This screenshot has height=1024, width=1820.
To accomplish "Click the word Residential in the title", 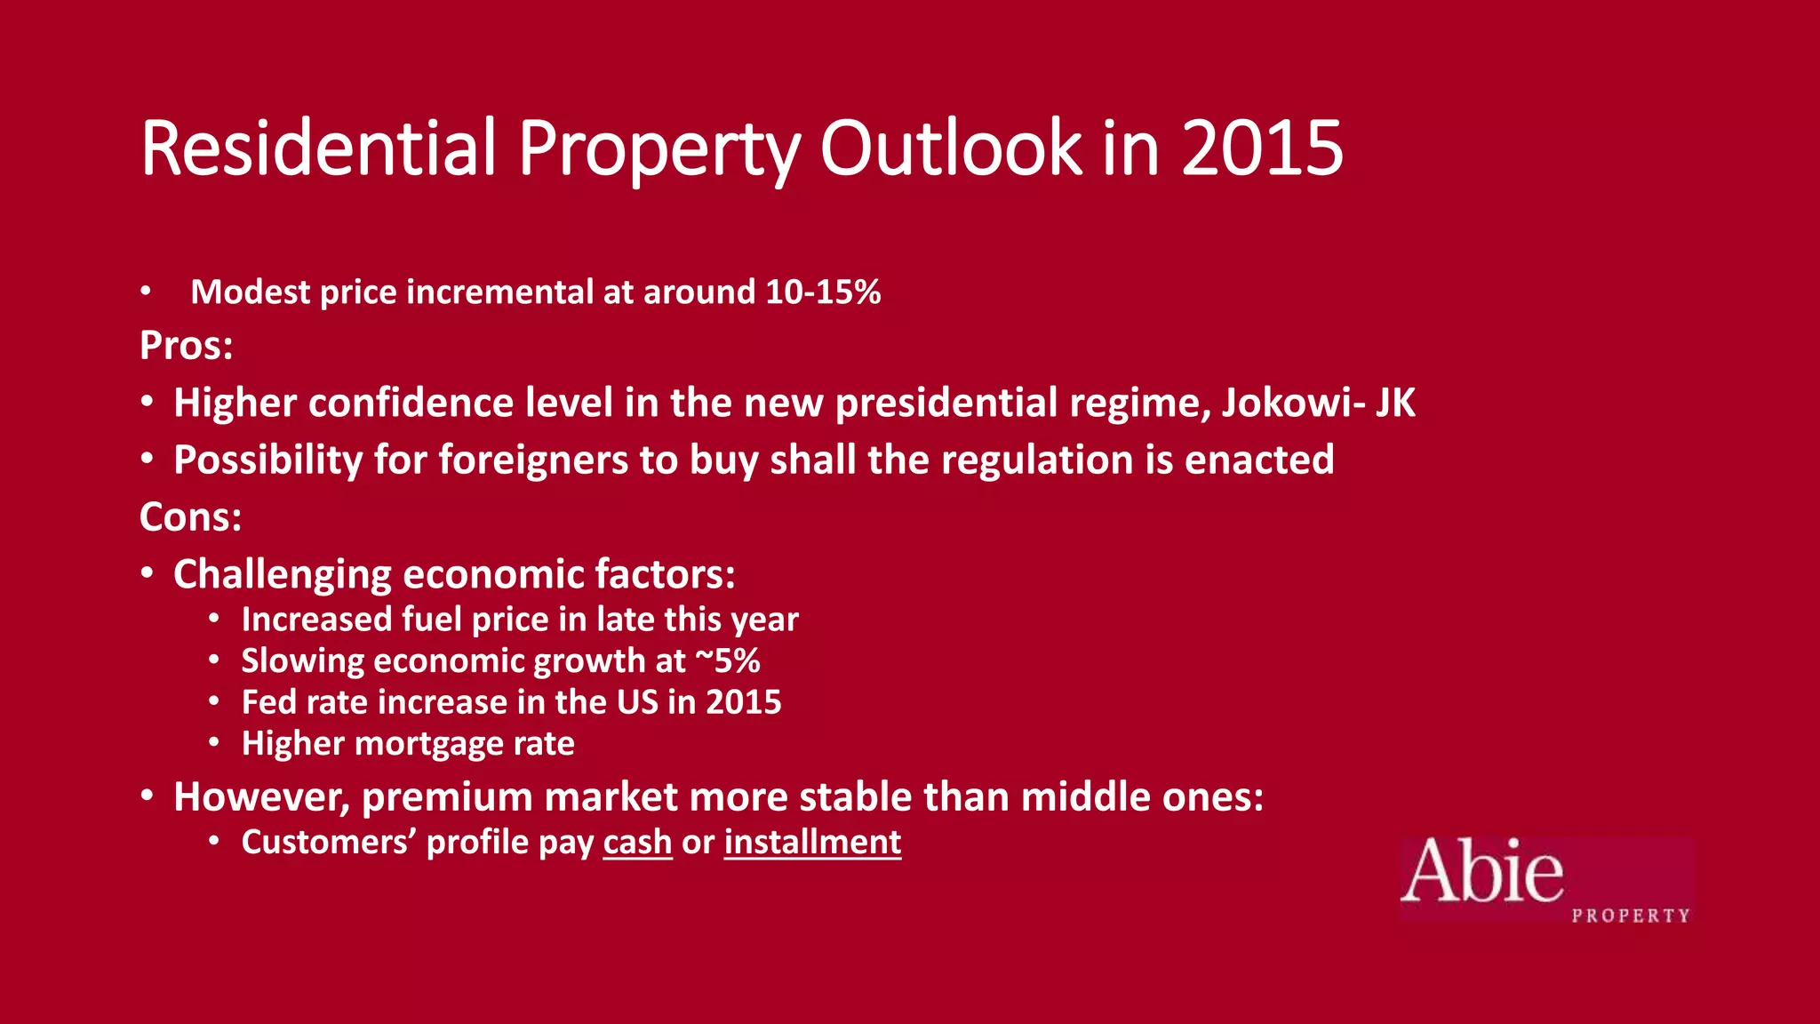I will pos(317,148).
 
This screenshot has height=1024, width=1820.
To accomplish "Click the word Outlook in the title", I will pos(950,148).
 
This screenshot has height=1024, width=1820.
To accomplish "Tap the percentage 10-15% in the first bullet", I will pos(823,292).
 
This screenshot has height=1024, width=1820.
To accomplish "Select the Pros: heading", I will pos(187,346).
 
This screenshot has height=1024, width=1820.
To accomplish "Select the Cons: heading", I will pos(191,517).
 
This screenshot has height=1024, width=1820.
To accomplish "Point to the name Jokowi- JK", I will pos(1318,403).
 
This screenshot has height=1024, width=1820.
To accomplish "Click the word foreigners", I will pos(532,460).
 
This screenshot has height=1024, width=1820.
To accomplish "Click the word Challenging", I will pos(282,575).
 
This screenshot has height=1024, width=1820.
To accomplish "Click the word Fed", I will pos(267,702).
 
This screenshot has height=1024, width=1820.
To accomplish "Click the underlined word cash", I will pos(637,843).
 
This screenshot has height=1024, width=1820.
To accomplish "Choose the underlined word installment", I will pos(812,843).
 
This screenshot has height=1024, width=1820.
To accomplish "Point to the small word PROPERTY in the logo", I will pos(1631,916).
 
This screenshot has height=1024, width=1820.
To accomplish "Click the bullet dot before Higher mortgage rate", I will pos(214,742).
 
